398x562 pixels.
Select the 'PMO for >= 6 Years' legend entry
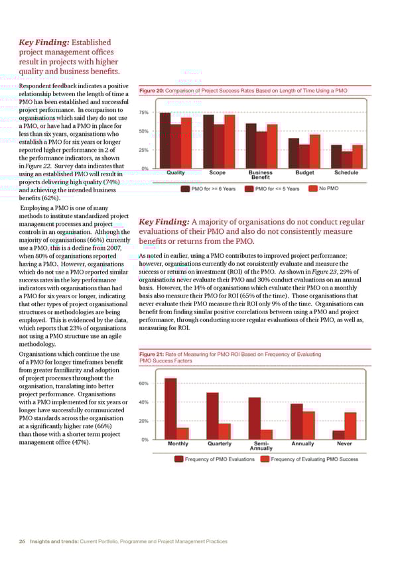(212, 188)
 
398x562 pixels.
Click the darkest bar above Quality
(165, 140)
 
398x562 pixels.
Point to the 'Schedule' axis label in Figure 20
(346, 173)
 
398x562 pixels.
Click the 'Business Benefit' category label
(261, 175)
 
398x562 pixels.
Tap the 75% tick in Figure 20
(143, 113)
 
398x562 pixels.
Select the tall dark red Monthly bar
(170, 408)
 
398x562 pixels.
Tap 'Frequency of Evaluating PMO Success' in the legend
(311, 459)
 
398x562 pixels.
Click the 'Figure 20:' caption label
(151, 90)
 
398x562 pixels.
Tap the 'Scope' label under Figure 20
(217, 173)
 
